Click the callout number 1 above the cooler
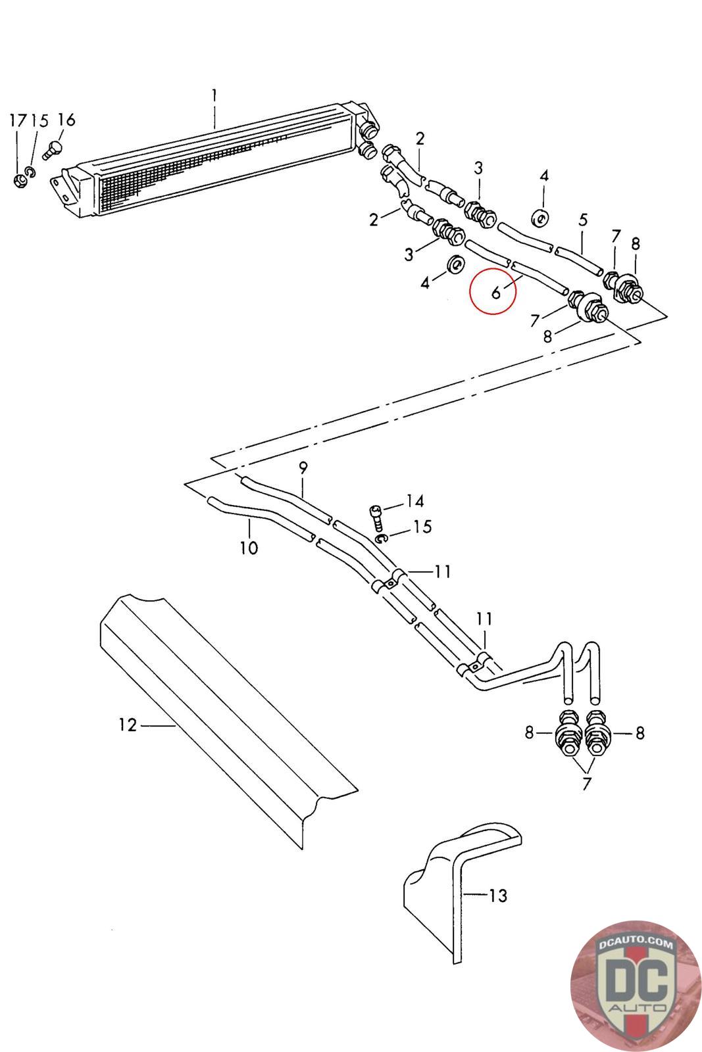tap(214, 96)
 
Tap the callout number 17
tap(18, 121)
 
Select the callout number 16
tap(66, 120)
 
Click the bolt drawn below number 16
tap(52, 149)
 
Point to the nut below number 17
tap(20, 181)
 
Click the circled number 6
tap(495, 293)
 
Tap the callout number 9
tap(303, 467)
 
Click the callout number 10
tap(249, 548)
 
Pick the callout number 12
tap(128, 725)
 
